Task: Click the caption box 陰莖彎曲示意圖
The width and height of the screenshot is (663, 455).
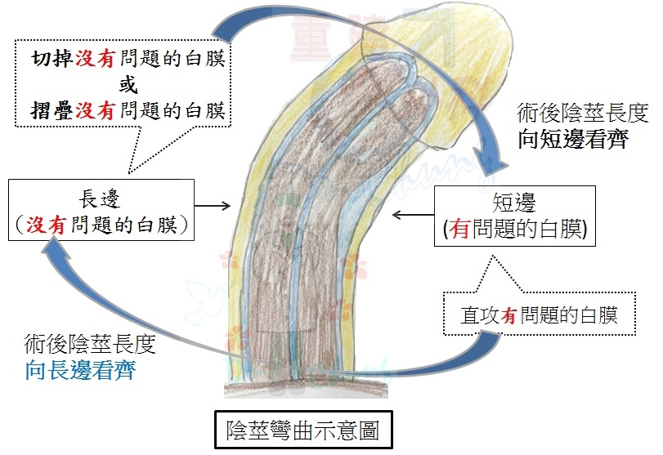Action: [x=303, y=430]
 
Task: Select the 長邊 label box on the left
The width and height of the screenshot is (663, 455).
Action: [x=101, y=210]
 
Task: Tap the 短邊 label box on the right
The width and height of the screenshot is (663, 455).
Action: [x=515, y=216]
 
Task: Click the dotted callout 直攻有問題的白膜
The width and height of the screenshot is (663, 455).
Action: [x=539, y=314]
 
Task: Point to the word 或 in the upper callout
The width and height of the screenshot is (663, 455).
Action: [x=128, y=84]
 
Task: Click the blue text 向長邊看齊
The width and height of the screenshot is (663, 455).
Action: [x=80, y=370]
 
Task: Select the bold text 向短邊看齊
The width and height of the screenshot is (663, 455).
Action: [x=573, y=139]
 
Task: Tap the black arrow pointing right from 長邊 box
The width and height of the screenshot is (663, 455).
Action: [x=213, y=206]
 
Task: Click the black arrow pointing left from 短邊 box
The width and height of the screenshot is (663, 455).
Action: [x=413, y=215]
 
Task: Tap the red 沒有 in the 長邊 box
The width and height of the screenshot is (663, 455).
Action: [x=46, y=225]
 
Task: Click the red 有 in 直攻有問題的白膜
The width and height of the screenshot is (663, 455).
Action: [x=509, y=315]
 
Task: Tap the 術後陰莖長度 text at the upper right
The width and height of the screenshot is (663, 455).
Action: [x=583, y=113]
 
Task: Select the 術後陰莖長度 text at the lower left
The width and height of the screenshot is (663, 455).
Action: [x=90, y=344]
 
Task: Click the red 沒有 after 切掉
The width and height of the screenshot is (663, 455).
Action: [x=95, y=58]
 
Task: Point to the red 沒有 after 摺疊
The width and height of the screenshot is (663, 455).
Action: [x=95, y=111]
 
